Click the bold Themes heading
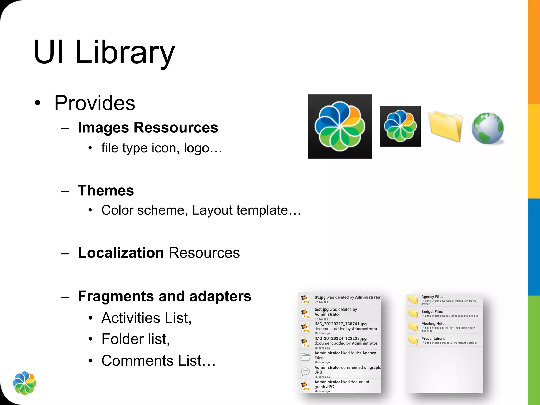tap(106, 190)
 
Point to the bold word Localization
tap(121, 253)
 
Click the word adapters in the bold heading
tap(220, 296)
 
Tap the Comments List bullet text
tap(158, 360)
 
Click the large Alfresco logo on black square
tap(340, 127)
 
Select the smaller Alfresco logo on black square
tap(400, 126)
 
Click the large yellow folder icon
tap(445, 126)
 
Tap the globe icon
tap(488, 128)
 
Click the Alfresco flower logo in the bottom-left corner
tap(25, 383)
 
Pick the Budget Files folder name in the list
tap(432, 312)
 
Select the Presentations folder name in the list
tap(433, 339)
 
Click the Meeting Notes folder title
tap(434, 324)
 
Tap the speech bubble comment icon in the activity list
tap(305, 372)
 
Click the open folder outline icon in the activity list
tap(305, 357)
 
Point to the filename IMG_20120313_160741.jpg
tap(340, 324)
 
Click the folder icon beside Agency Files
tap(413, 300)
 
